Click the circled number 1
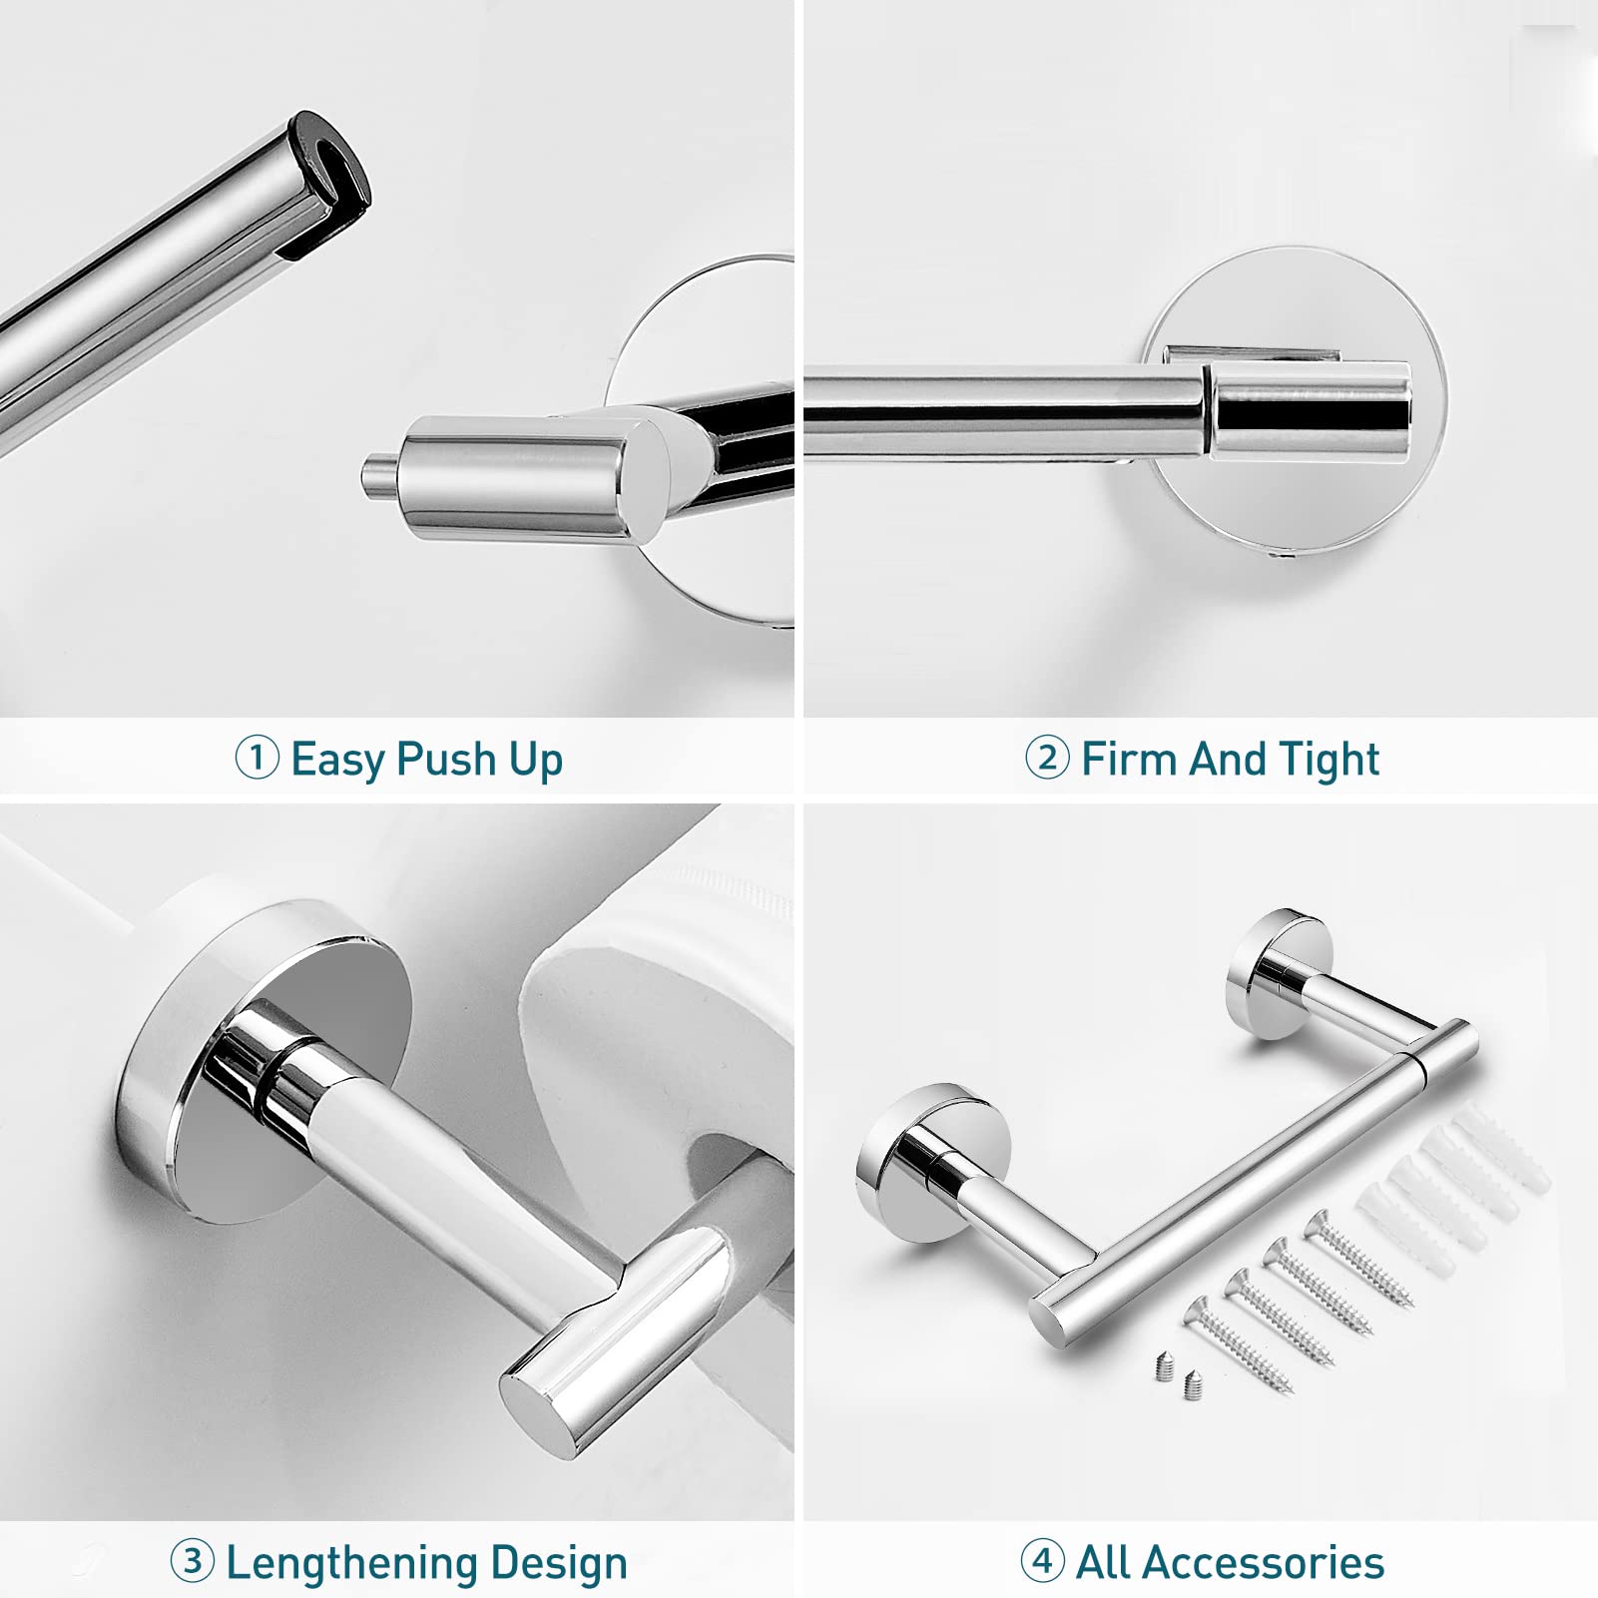coord(257,758)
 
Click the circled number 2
coord(1047,758)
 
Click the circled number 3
coord(192,1561)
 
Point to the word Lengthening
coord(351,1563)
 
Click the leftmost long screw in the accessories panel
coord(1238,1343)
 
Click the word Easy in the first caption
coord(337,759)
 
